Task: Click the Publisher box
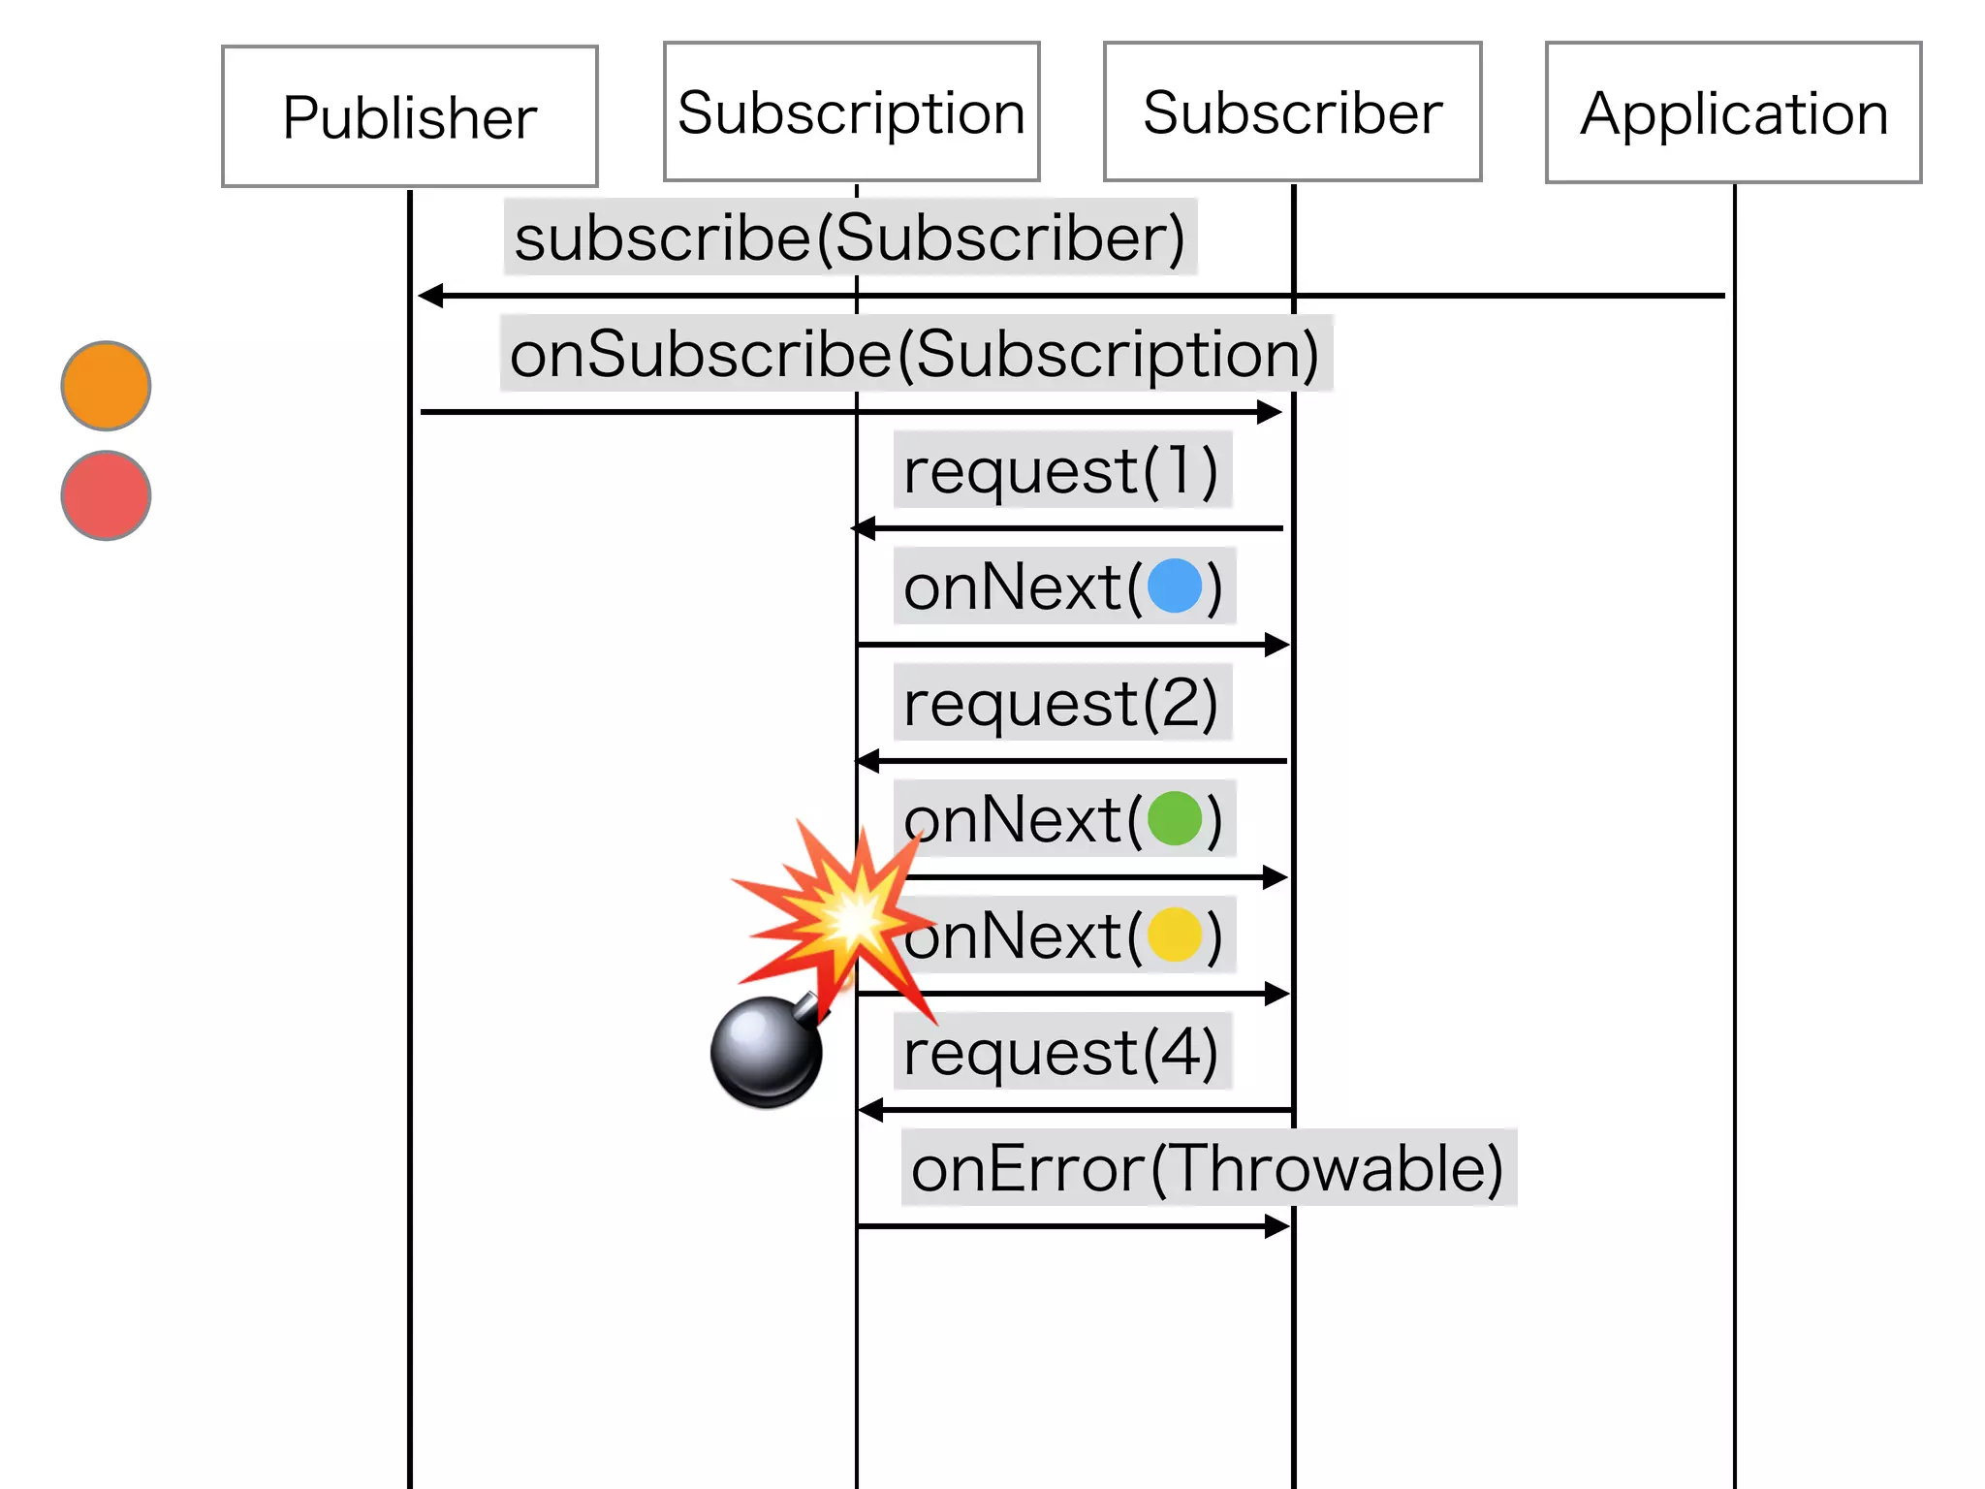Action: point(409,116)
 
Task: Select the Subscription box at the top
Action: point(851,112)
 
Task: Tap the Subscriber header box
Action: point(1292,112)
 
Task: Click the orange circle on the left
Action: point(106,386)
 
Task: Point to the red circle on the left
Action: point(106,495)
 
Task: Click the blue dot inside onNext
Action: point(1175,586)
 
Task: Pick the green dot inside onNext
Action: point(1175,819)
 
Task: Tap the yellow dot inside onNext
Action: point(1175,935)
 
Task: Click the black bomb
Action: point(766,1052)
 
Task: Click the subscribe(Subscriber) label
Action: point(850,238)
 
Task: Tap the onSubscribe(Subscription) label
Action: point(915,354)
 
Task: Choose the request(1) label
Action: point(1061,471)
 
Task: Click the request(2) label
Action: point(1061,704)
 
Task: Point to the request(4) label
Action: point(1061,1053)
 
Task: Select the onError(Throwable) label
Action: point(1208,1168)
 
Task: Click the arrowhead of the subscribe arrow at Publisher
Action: point(430,296)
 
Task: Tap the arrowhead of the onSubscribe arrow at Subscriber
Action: point(1270,412)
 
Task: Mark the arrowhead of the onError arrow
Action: point(1277,1226)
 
